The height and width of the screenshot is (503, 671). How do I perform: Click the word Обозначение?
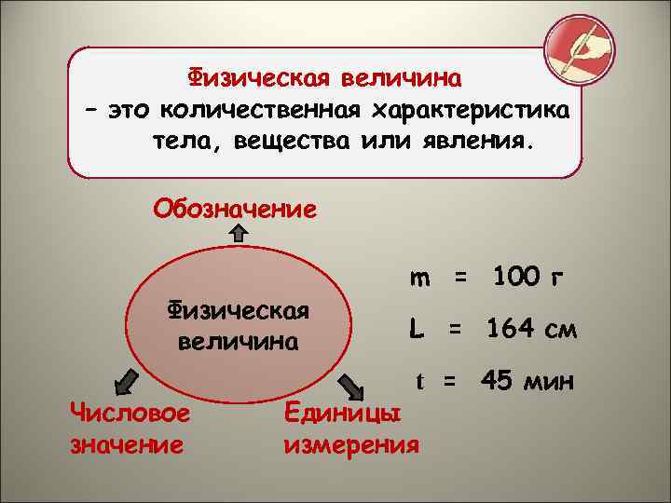tap(235, 207)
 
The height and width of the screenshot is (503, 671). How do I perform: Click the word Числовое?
tap(130, 415)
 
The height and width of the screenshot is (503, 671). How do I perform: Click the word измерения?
tap(350, 443)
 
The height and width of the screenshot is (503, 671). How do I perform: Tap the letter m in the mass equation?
tap(420, 277)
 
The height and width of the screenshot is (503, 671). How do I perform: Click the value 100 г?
tap(528, 277)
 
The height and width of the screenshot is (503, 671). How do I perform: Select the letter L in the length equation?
tap(416, 328)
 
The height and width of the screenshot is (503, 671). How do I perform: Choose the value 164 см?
tap(529, 328)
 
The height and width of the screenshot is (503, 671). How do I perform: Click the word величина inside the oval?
tap(238, 341)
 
